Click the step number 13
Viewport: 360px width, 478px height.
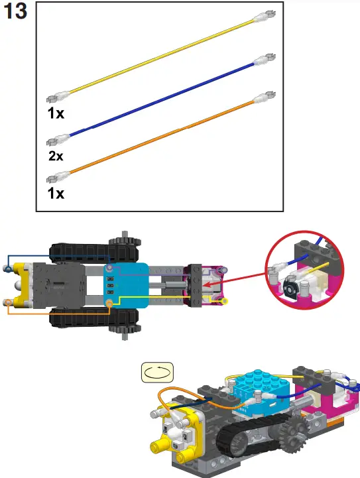pos(16,12)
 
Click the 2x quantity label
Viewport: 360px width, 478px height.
pos(55,156)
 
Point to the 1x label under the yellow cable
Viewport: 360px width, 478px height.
pos(55,113)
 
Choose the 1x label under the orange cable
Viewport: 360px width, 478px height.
pos(55,194)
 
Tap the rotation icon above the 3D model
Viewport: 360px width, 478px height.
pos(158,373)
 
